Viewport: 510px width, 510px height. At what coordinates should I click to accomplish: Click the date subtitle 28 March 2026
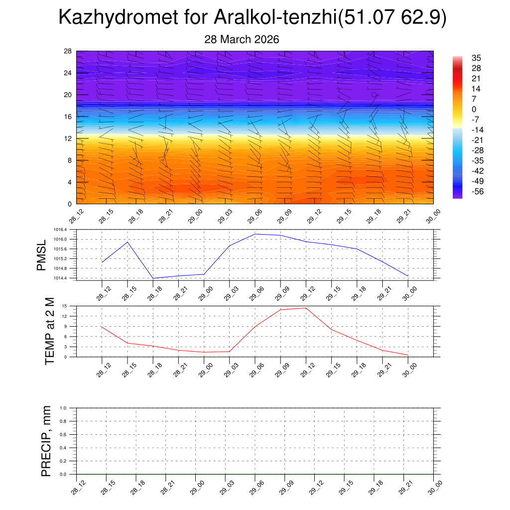[242, 39]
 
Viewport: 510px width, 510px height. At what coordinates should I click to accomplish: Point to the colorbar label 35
[476, 58]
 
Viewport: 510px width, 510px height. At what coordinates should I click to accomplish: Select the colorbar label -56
[477, 191]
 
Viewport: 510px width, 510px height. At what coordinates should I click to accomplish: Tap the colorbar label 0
[474, 109]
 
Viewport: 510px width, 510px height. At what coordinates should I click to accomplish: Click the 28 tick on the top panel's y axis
[68, 51]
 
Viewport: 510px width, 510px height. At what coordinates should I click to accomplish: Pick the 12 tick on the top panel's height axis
[68, 138]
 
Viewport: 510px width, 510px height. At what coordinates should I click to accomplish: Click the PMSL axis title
[41, 255]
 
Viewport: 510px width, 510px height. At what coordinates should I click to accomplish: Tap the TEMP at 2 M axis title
[49, 331]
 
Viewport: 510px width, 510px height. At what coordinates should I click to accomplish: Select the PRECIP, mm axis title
[46, 441]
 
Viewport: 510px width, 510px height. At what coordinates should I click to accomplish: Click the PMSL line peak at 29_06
[255, 234]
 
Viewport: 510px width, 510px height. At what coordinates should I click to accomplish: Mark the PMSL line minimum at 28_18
[153, 278]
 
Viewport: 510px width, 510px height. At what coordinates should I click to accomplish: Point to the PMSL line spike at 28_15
[127, 242]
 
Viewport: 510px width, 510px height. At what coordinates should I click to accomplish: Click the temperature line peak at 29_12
[306, 308]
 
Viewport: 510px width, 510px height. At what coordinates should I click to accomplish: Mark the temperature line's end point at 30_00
[408, 355]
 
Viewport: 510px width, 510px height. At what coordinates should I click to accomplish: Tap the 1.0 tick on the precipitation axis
[70, 408]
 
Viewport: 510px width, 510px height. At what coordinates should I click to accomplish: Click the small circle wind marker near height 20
[374, 95]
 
